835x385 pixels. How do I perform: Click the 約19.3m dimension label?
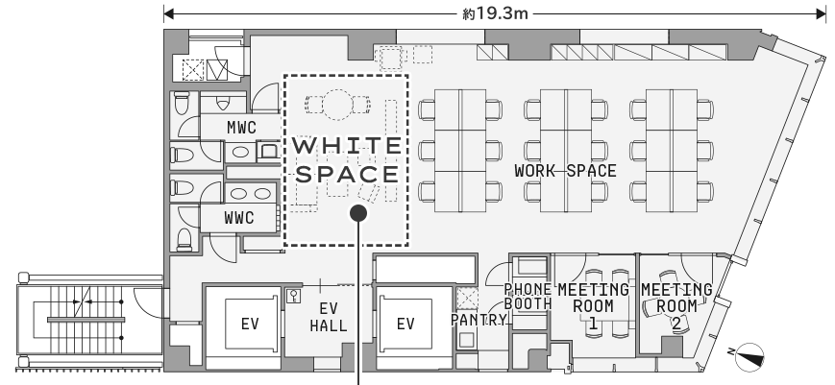(x=495, y=13)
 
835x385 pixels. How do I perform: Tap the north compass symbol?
(x=749, y=357)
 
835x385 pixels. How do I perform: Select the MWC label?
(x=241, y=128)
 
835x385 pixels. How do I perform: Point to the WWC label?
(x=238, y=218)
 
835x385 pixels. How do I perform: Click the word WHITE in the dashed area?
(x=347, y=146)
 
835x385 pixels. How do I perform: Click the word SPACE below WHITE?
(x=347, y=175)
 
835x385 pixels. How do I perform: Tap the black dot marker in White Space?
(x=358, y=213)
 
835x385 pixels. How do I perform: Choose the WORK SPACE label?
(x=565, y=171)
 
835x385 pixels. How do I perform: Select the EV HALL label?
(x=329, y=317)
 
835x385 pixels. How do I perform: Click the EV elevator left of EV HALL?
(x=249, y=324)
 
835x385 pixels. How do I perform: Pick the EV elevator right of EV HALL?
(x=405, y=324)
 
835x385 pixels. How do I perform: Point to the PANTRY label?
(x=479, y=320)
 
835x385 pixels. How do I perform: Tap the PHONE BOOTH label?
(x=528, y=297)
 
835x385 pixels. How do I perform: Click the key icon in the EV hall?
(x=293, y=297)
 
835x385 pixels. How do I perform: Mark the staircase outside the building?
(x=89, y=320)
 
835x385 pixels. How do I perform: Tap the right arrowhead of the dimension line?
(x=821, y=13)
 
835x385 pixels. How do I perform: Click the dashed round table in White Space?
(x=338, y=105)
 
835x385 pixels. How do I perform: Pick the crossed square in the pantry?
(x=467, y=299)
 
